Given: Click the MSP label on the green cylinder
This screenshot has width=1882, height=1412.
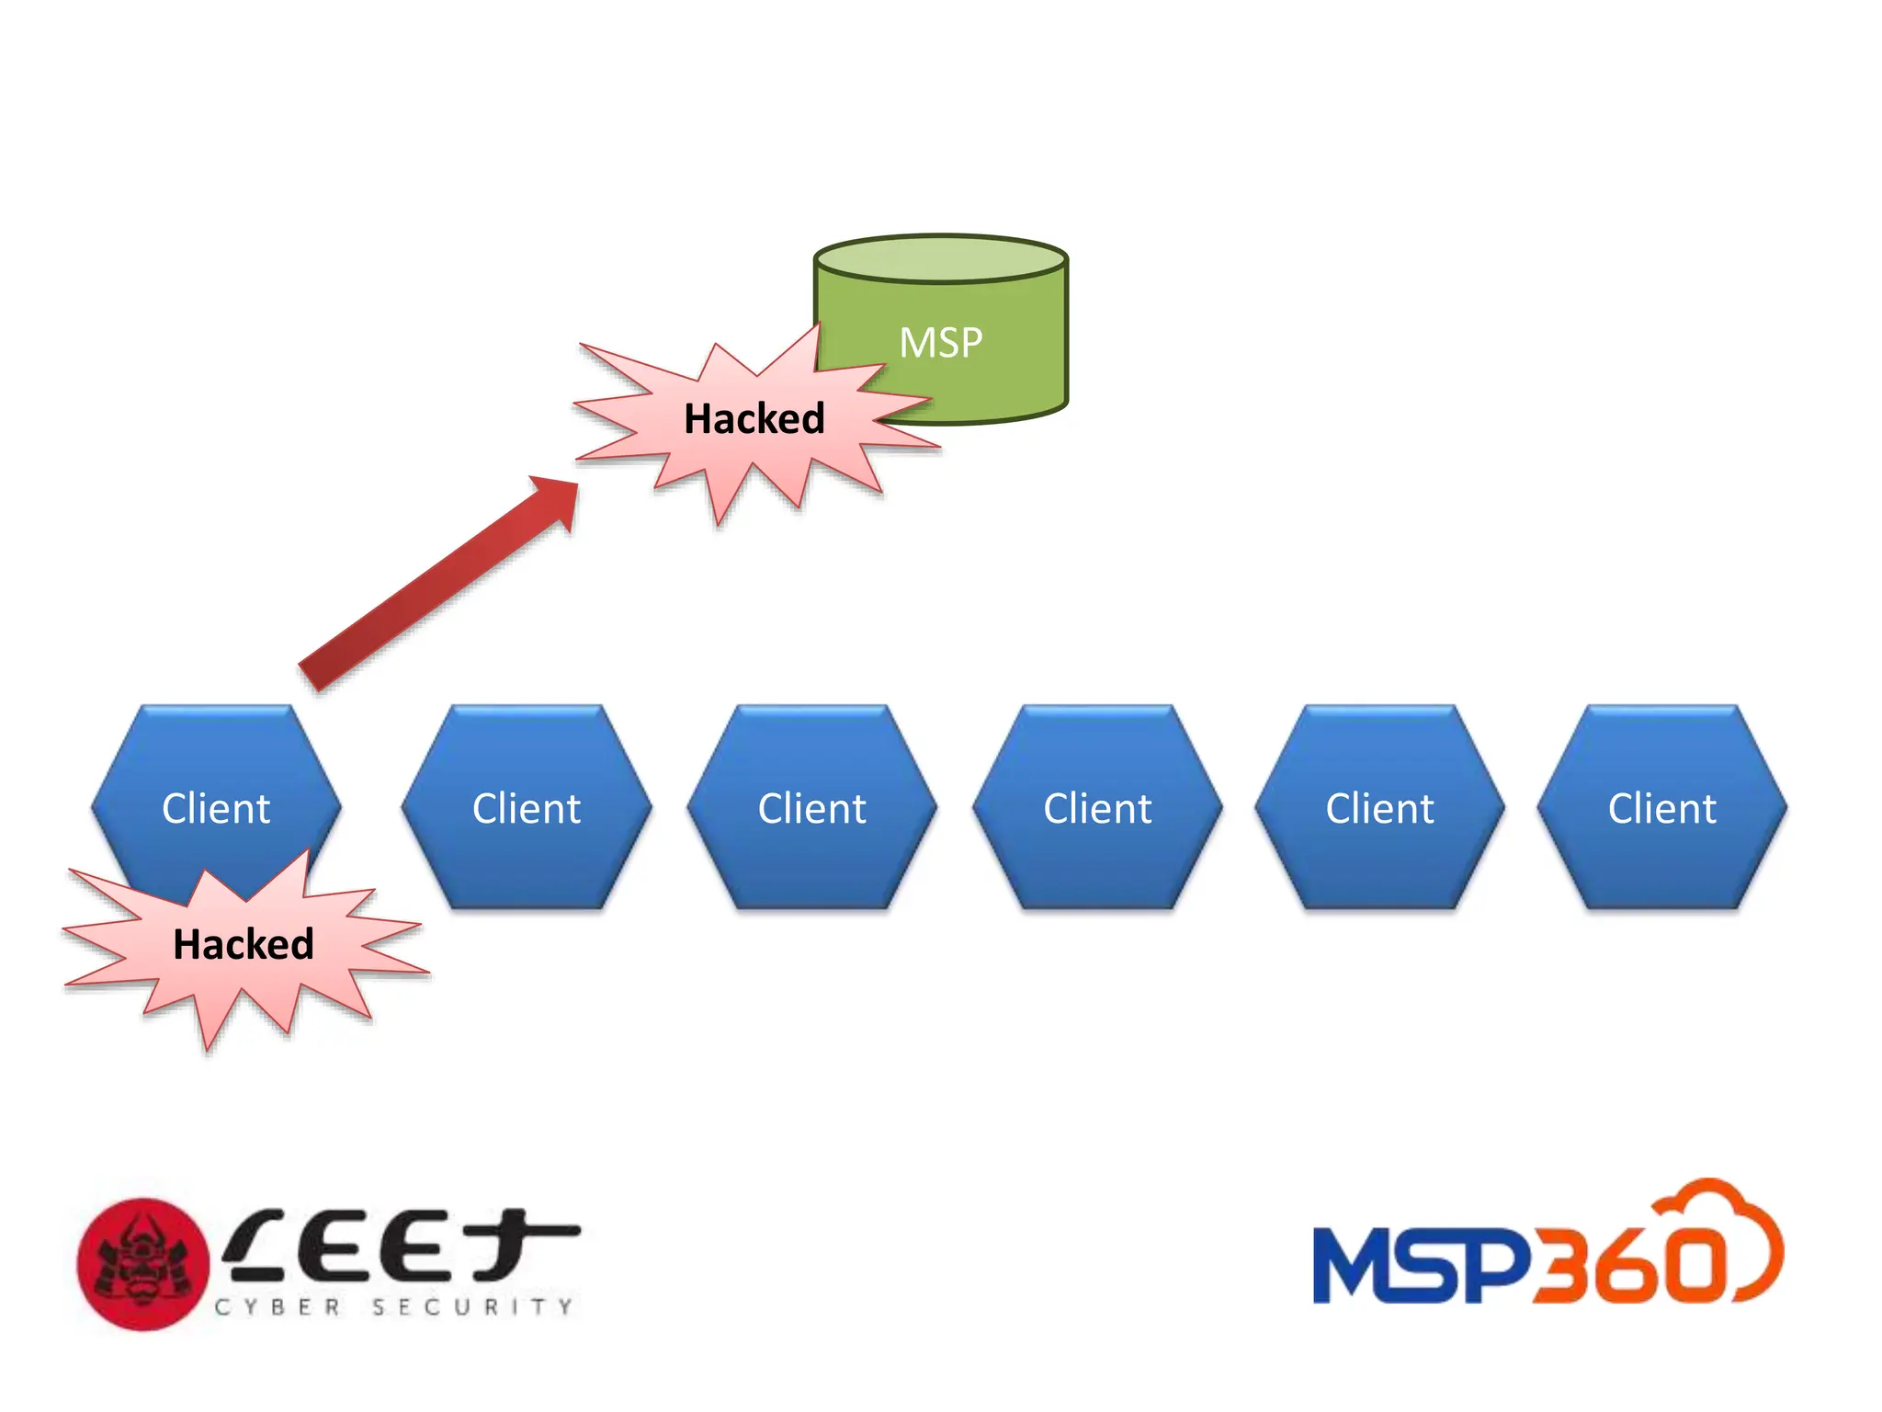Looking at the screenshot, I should (940, 343).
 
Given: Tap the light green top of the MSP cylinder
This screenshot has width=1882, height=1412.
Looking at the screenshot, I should (940, 258).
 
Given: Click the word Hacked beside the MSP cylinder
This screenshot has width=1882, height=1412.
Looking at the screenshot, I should (754, 419).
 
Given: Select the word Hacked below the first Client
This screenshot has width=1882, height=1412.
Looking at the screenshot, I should (244, 944).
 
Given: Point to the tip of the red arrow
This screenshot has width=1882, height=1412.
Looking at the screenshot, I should (573, 484).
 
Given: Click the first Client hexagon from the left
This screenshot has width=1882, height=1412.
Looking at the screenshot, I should (216, 791).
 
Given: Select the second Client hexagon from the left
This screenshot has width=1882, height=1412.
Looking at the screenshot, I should (527, 808).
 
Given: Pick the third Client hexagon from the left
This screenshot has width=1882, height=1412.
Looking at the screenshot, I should (811, 808).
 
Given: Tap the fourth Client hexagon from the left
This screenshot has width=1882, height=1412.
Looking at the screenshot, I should (1097, 808).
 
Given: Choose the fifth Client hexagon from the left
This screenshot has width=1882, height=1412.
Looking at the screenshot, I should (1379, 808).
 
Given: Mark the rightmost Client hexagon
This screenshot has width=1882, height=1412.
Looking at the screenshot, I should (1661, 808).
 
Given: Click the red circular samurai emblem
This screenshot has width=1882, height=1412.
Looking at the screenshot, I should (142, 1264).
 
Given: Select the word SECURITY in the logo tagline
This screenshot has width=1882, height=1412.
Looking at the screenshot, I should (472, 1306).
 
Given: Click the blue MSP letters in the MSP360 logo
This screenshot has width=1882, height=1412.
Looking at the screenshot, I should (1420, 1266).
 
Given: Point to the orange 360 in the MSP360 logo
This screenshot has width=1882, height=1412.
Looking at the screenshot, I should (1627, 1266).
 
